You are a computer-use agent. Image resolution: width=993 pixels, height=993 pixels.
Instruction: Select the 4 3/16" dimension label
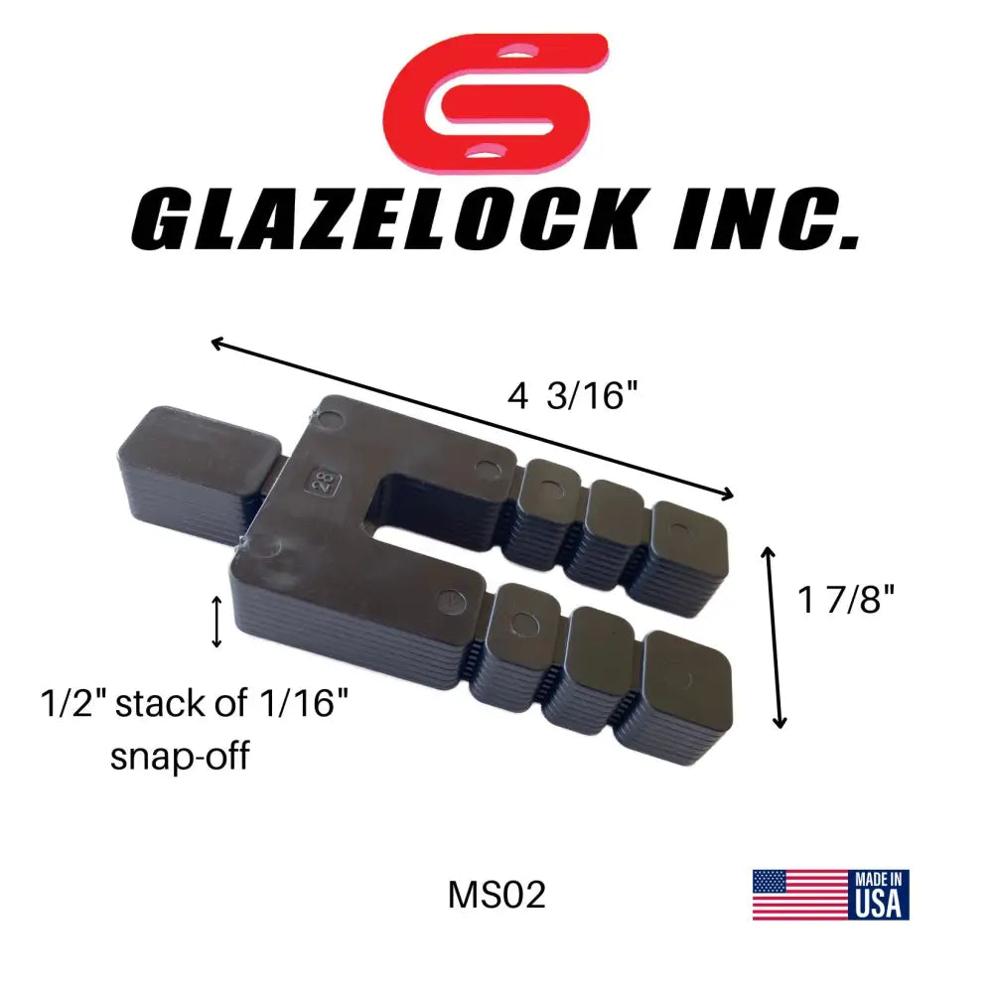point(571,397)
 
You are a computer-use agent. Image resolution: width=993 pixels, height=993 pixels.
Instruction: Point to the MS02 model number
point(496,896)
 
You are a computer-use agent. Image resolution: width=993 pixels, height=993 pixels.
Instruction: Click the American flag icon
point(798,894)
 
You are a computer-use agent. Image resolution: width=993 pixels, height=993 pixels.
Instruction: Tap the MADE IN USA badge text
point(878,894)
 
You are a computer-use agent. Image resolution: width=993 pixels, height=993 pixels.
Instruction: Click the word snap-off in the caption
point(179,757)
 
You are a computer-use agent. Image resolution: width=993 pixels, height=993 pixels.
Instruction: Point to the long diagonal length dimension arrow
point(473,418)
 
